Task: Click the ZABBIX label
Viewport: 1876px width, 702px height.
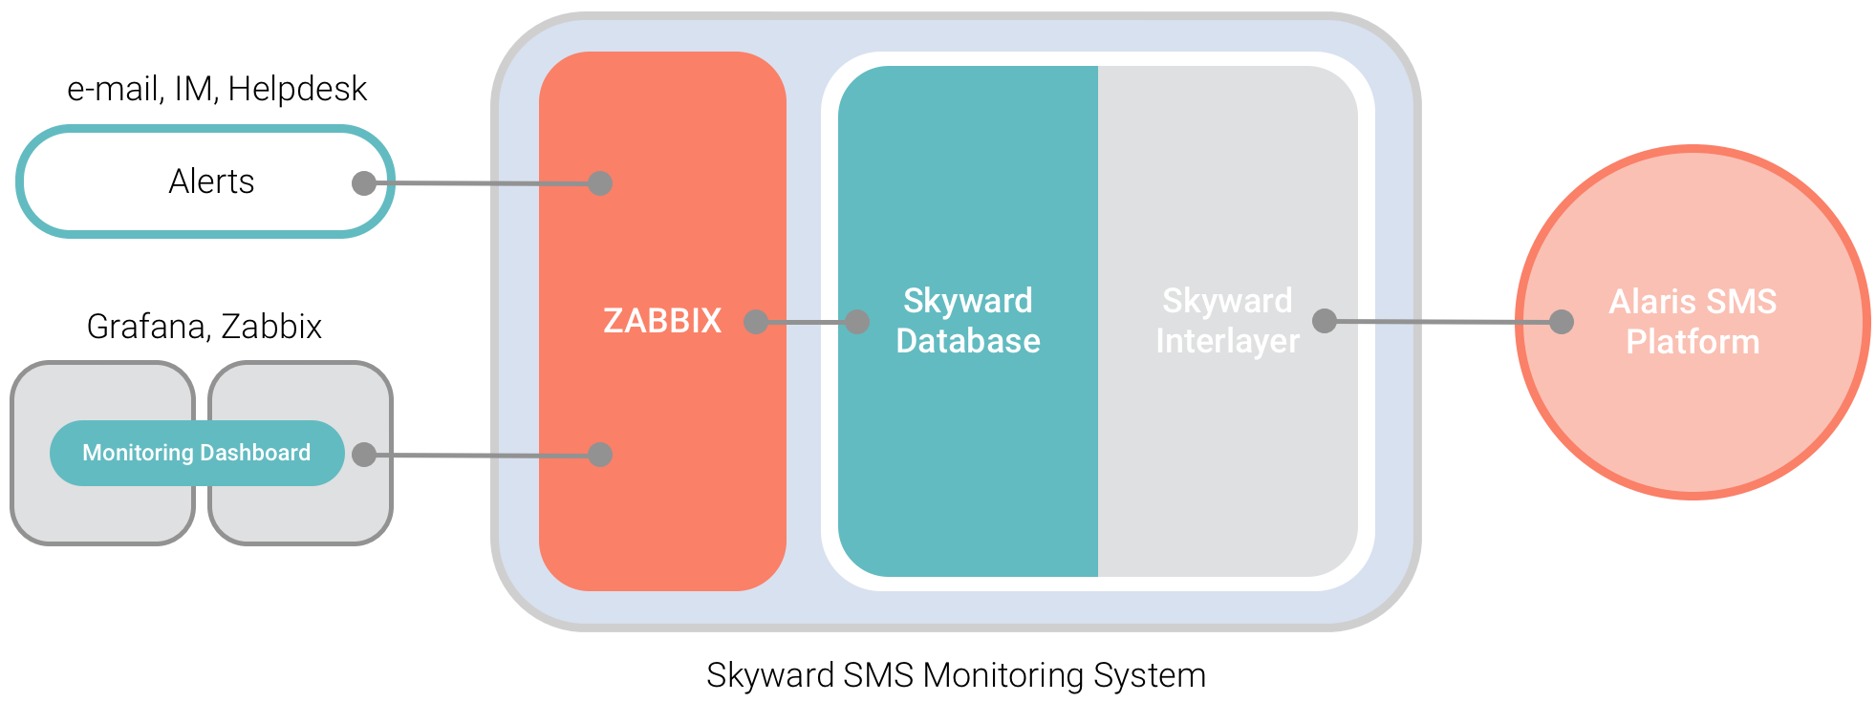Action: click(x=661, y=321)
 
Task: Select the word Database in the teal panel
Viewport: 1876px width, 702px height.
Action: click(x=967, y=341)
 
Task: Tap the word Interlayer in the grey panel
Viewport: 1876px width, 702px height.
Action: click(x=1227, y=341)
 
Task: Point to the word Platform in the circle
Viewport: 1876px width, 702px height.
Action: click(x=1692, y=342)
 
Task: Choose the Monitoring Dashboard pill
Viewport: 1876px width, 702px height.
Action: click(x=196, y=453)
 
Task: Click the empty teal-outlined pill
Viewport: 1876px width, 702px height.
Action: click(x=191, y=181)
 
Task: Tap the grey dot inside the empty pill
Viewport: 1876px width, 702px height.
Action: click(x=364, y=182)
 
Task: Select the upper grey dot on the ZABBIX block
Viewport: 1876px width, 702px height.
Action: click(x=600, y=182)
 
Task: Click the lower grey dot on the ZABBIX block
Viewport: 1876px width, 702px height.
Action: click(x=600, y=455)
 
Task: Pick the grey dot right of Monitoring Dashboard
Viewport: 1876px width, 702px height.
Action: click(x=364, y=455)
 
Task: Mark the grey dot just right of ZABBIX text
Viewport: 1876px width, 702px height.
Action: click(x=756, y=322)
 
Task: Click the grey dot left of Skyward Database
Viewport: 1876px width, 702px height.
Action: click(x=857, y=322)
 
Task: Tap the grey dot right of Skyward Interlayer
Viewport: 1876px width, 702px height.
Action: click(x=1325, y=321)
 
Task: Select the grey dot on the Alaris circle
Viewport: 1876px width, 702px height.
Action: click(x=1562, y=322)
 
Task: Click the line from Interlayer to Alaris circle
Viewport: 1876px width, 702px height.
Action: click(x=1443, y=322)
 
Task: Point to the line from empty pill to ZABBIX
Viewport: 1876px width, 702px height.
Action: click(x=483, y=182)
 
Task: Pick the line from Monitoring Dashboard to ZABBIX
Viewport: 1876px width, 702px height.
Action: click(x=483, y=456)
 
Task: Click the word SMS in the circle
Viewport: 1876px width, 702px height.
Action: click(x=1743, y=302)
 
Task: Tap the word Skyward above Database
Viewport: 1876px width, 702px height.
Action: click(x=967, y=301)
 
